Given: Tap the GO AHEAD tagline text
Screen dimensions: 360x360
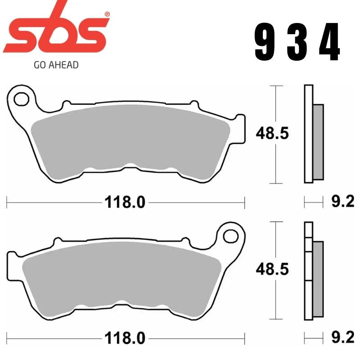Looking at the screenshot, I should tap(56, 65).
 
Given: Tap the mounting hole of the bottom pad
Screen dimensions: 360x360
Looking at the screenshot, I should tap(231, 235).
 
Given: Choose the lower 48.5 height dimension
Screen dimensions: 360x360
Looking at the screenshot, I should tap(272, 270).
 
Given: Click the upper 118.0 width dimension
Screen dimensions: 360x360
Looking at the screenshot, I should tap(125, 202).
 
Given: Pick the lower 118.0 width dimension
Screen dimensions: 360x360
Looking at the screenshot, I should tap(125, 337).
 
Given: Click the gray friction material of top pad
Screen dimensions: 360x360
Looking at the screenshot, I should tap(130, 139).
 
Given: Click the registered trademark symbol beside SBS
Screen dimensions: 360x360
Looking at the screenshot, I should tap(107, 15).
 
